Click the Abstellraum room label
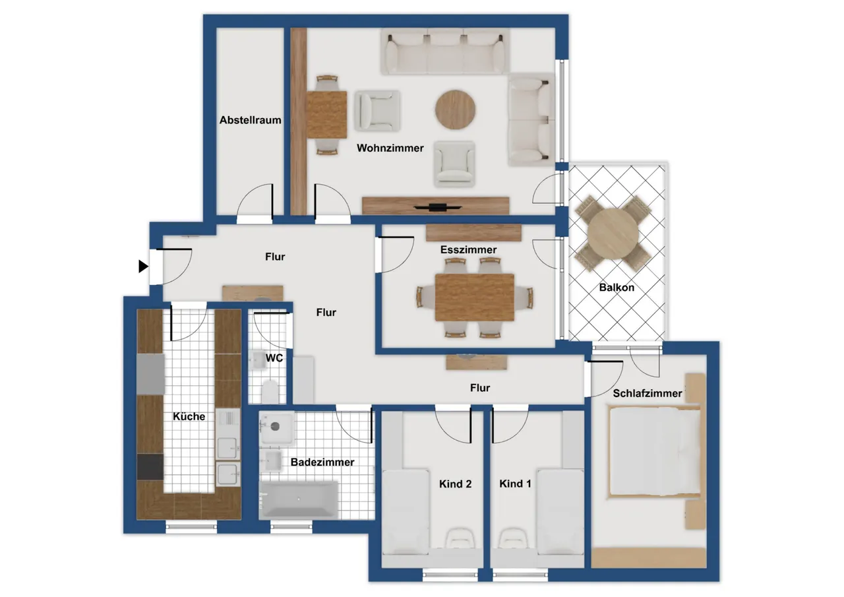(x=250, y=120)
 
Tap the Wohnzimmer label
(x=390, y=148)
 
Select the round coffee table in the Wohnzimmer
(x=455, y=110)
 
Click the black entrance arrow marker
(x=143, y=267)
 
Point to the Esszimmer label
(x=468, y=249)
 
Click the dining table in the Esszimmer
(x=475, y=298)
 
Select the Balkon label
(x=617, y=288)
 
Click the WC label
(x=274, y=358)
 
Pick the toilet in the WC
(x=270, y=391)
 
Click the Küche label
(x=189, y=416)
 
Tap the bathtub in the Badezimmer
(x=299, y=500)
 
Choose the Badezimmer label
(x=322, y=462)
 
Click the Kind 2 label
(x=455, y=484)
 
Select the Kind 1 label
(x=515, y=484)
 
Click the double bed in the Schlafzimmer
(x=655, y=452)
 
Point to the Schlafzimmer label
(x=648, y=393)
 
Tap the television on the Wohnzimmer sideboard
(x=437, y=207)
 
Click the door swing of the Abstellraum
(x=254, y=201)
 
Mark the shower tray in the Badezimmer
(x=276, y=427)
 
